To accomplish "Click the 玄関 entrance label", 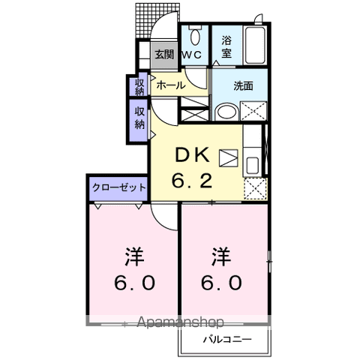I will pos(164,54).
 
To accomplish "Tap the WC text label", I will pos(193,54).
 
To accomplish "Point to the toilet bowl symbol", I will pos(194,36).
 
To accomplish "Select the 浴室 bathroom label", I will pos(226,46).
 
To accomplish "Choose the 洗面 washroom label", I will pos(242,85).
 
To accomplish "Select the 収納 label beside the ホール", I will pos(139,86).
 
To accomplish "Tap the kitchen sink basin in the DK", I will pos(252,163).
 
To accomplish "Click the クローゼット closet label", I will pos(119,187).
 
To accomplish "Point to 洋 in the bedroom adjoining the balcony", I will pos(220,257).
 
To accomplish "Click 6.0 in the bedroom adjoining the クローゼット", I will pos(135,284).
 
